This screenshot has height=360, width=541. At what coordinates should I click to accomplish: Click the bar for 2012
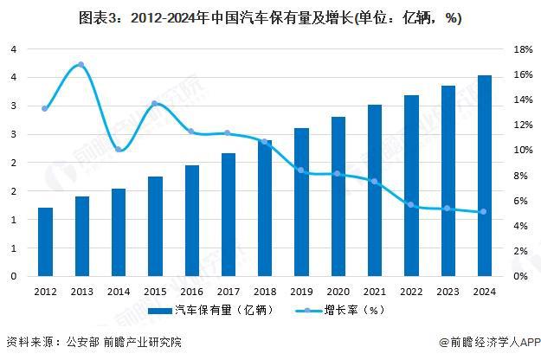pos(45,242)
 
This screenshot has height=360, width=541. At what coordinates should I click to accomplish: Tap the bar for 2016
pos(191,221)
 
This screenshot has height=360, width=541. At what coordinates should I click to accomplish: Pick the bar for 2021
pos(374,190)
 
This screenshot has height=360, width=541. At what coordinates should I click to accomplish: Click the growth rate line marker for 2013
pos(81,65)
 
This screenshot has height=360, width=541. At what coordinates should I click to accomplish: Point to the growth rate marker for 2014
pos(119,150)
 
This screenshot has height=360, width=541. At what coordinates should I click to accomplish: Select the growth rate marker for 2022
pos(410,205)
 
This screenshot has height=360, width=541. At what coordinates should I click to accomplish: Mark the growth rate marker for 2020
pos(338,174)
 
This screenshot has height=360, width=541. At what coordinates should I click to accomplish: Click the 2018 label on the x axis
pos(264,292)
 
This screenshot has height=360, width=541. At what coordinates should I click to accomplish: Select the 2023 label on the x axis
pos(447,292)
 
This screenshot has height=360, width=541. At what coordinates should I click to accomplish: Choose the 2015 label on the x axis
pos(155,292)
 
